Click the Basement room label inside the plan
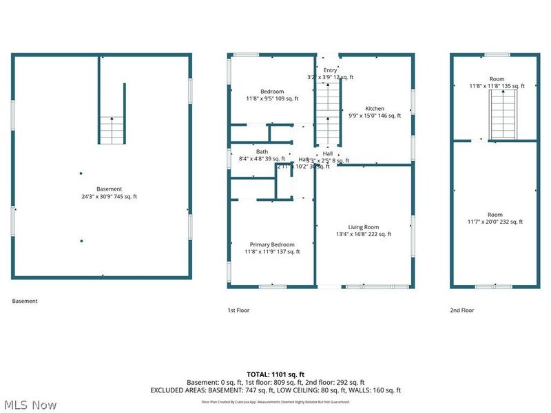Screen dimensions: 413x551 tap(109, 189)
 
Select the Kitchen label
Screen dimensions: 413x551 tap(375, 109)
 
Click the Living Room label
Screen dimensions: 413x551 tap(363, 227)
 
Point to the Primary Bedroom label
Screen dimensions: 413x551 tap(272, 244)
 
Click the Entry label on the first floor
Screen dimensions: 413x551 tap(331, 70)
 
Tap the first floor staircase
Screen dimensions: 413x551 tap(329, 114)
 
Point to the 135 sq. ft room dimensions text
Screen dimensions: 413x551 tap(497, 86)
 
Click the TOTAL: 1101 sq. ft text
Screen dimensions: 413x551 tap(275, 374)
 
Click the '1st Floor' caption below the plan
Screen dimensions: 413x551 tap(238, 310)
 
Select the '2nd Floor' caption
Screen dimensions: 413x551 tap(462, 310)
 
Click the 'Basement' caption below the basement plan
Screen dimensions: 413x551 tap(25, 301)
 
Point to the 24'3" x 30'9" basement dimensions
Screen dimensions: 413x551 tap(109, 197)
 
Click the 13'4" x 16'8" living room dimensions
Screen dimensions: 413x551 tap(363, 235)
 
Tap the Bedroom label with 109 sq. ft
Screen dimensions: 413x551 tap(272, 92)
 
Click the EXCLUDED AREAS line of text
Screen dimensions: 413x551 tap(275, 390)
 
